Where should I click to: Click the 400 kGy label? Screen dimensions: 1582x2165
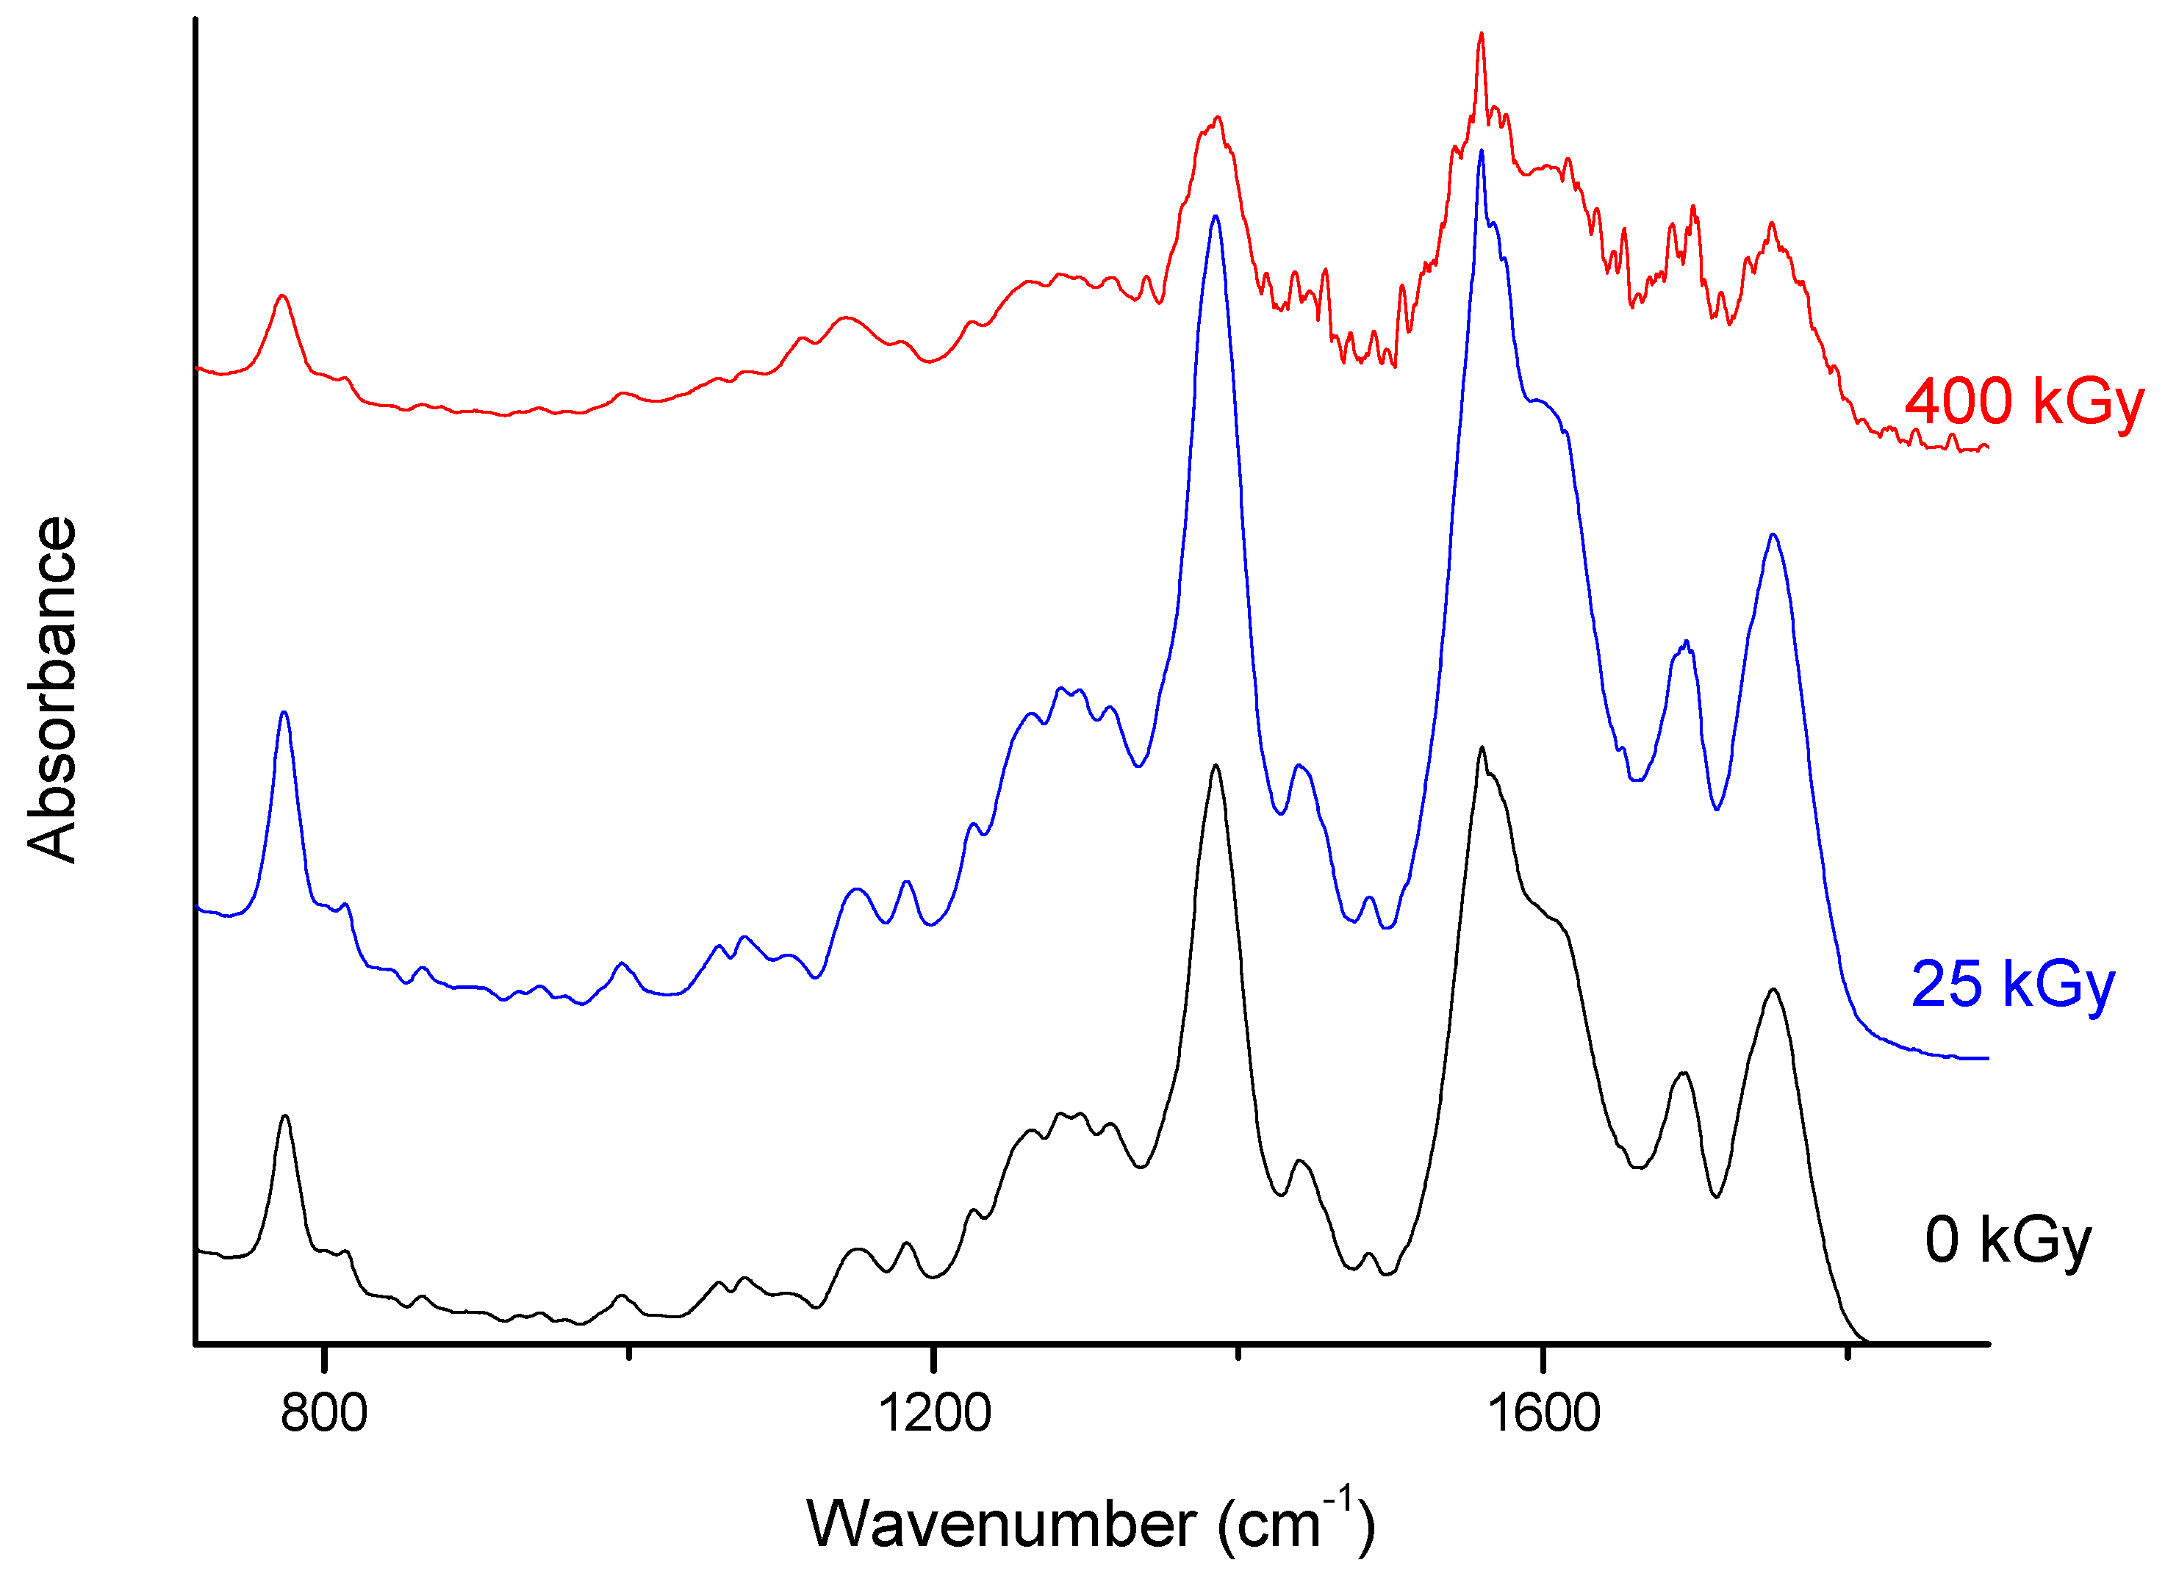point(2022,402)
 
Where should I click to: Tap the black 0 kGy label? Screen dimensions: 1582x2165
point(2007,1241)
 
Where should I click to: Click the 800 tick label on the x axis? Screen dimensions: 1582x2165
point(323,1414)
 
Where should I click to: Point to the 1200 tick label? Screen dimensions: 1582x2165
point(933,1414)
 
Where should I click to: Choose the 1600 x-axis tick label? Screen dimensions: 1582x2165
point(1543,1414)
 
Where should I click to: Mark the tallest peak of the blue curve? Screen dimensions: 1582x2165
point(1482,151)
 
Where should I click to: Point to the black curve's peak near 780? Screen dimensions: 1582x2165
point(284,1117)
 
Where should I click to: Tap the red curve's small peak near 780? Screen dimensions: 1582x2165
point(282,296)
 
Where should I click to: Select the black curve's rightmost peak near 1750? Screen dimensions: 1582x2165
point(1773,990)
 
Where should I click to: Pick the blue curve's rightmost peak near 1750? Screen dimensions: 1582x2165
point(1773,536)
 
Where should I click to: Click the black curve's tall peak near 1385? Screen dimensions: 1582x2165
point(1215,766)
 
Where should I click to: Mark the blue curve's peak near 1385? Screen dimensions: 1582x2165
point(1215,217)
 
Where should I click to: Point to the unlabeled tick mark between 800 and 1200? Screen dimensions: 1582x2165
point(628,1352)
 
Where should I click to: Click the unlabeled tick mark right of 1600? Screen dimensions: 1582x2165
point(1847,1352)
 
